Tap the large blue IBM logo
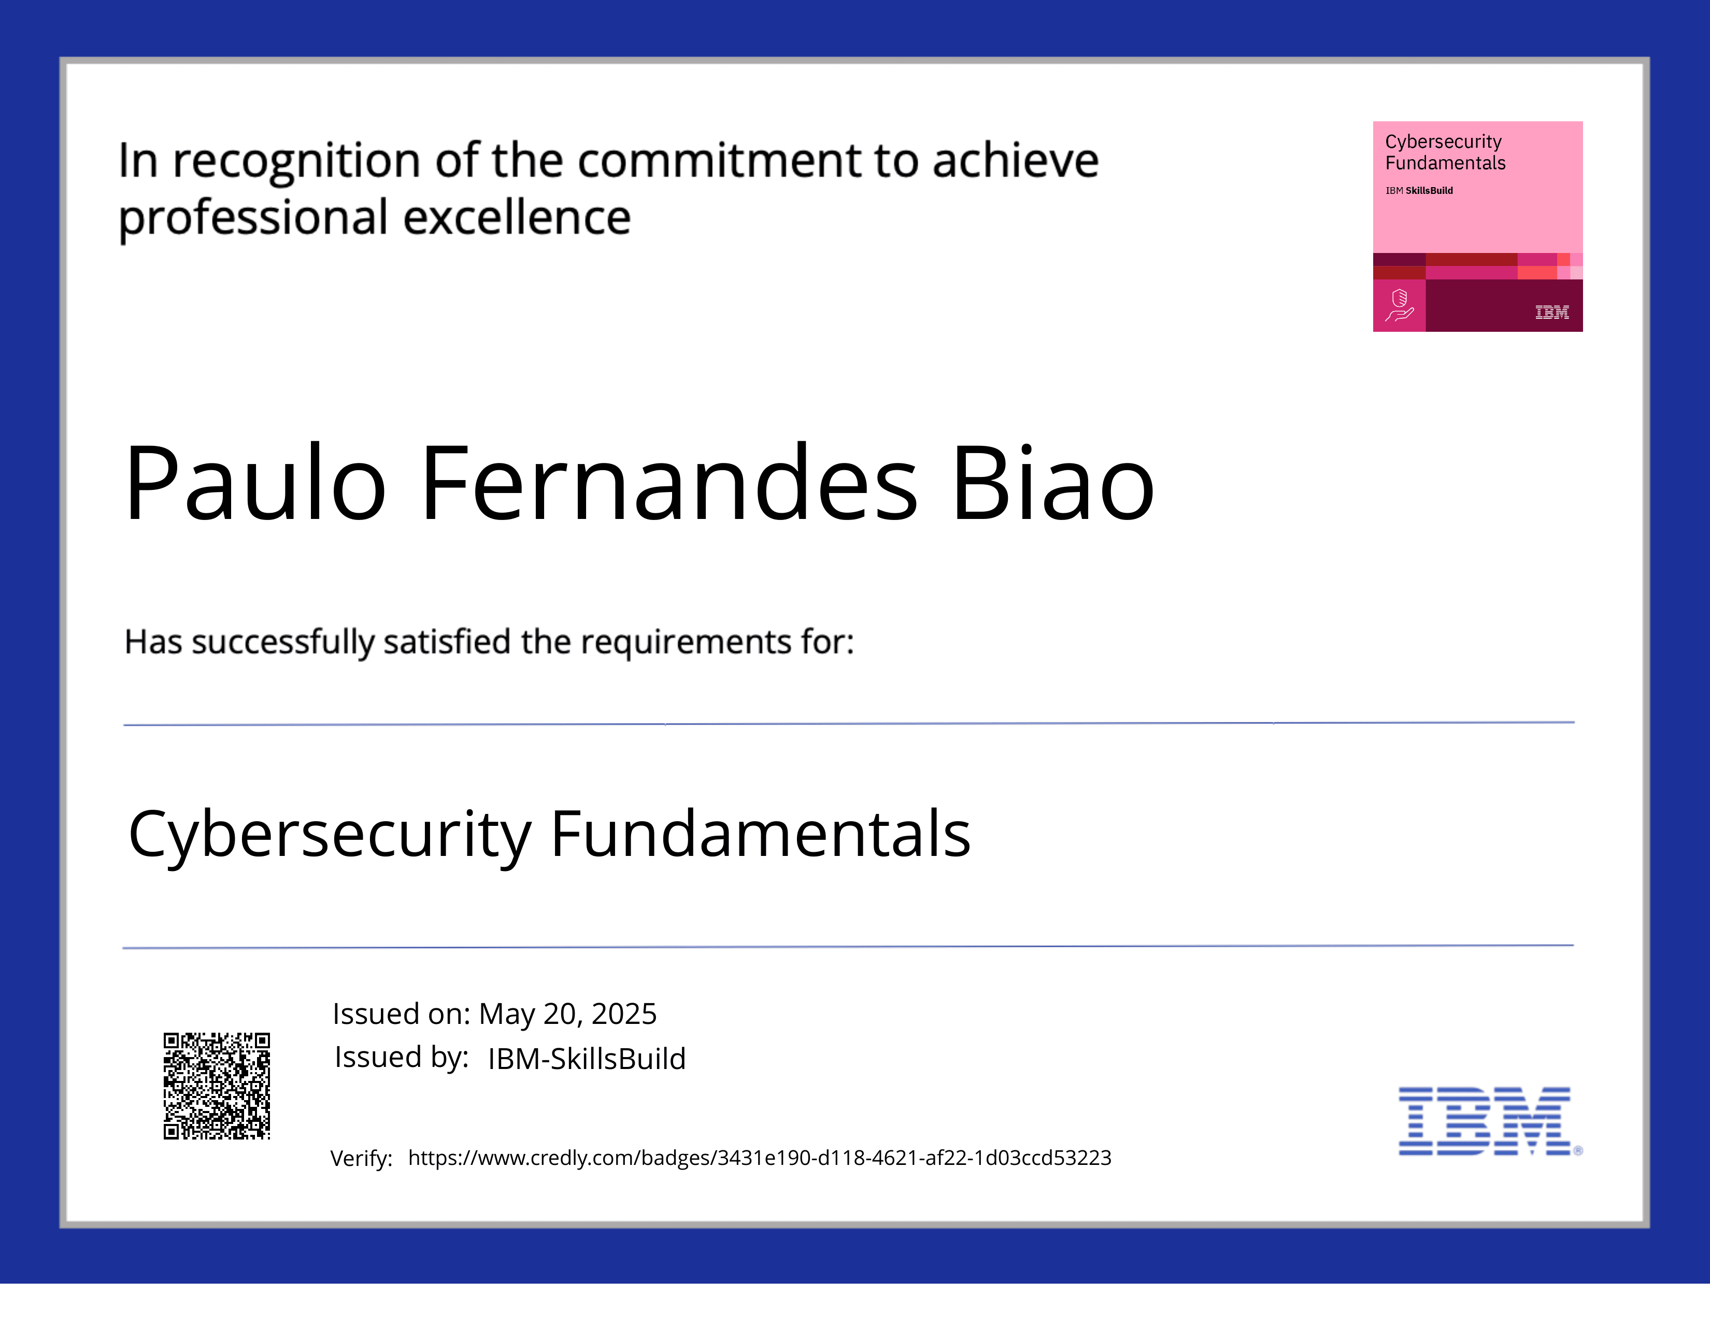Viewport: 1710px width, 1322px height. click(x=1485, y=1121)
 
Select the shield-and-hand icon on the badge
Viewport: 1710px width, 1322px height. click(x=1399, y=305)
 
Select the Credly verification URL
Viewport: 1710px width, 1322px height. click(x=760, y=1158)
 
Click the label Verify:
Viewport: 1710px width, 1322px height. click(x=361, y=1158)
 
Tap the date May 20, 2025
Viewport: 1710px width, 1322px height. click(x=567, y=1014)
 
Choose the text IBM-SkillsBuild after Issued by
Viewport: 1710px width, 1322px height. click(x=587, y=1059)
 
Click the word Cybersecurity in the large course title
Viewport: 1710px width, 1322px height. click(x=330, y=835)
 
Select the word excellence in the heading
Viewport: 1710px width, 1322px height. click(x=517, y=218)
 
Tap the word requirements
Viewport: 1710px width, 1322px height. click(x=686, y=642)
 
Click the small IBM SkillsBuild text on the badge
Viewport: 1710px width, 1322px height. click(x=1419, y=190)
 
